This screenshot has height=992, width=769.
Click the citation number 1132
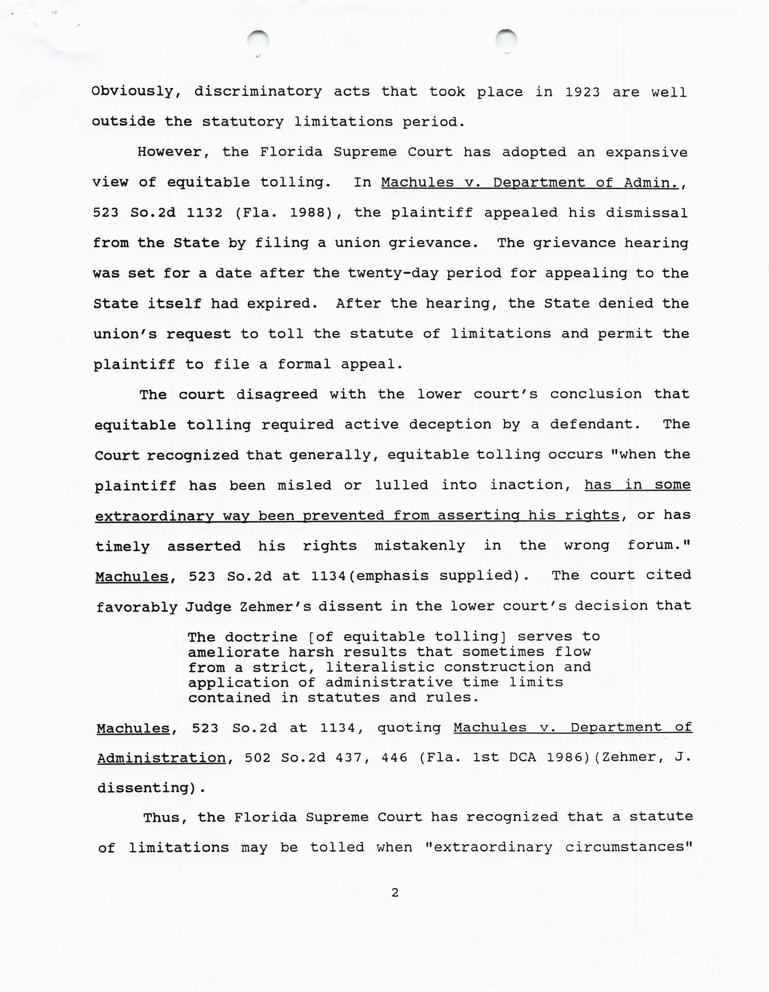point(205,213)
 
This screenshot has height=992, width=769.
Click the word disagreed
point(277,394)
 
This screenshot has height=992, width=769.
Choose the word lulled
point(401,485)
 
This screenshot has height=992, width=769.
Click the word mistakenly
point(419,545)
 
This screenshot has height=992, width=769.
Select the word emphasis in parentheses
point(391,576)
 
